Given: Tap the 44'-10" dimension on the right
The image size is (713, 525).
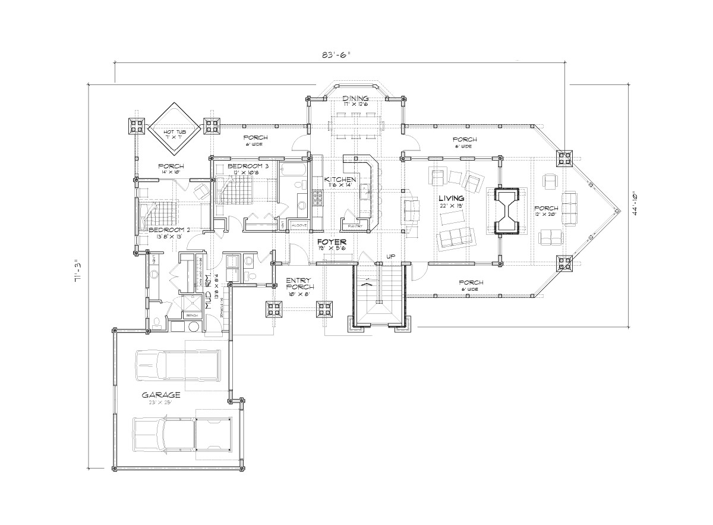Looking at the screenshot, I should (636, 204).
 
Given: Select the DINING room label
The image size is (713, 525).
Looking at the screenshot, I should (356, 99).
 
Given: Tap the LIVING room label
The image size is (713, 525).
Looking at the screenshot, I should (451, 197).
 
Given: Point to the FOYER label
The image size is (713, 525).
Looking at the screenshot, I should (327, 243).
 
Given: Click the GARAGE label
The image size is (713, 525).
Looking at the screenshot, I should (160, 395).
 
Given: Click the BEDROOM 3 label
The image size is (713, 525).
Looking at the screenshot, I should (240, 166).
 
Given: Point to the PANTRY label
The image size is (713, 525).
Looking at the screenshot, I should (356, 225).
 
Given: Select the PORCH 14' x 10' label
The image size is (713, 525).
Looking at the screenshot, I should (171, 166).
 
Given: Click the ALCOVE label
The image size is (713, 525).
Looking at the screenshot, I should (299, 225).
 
